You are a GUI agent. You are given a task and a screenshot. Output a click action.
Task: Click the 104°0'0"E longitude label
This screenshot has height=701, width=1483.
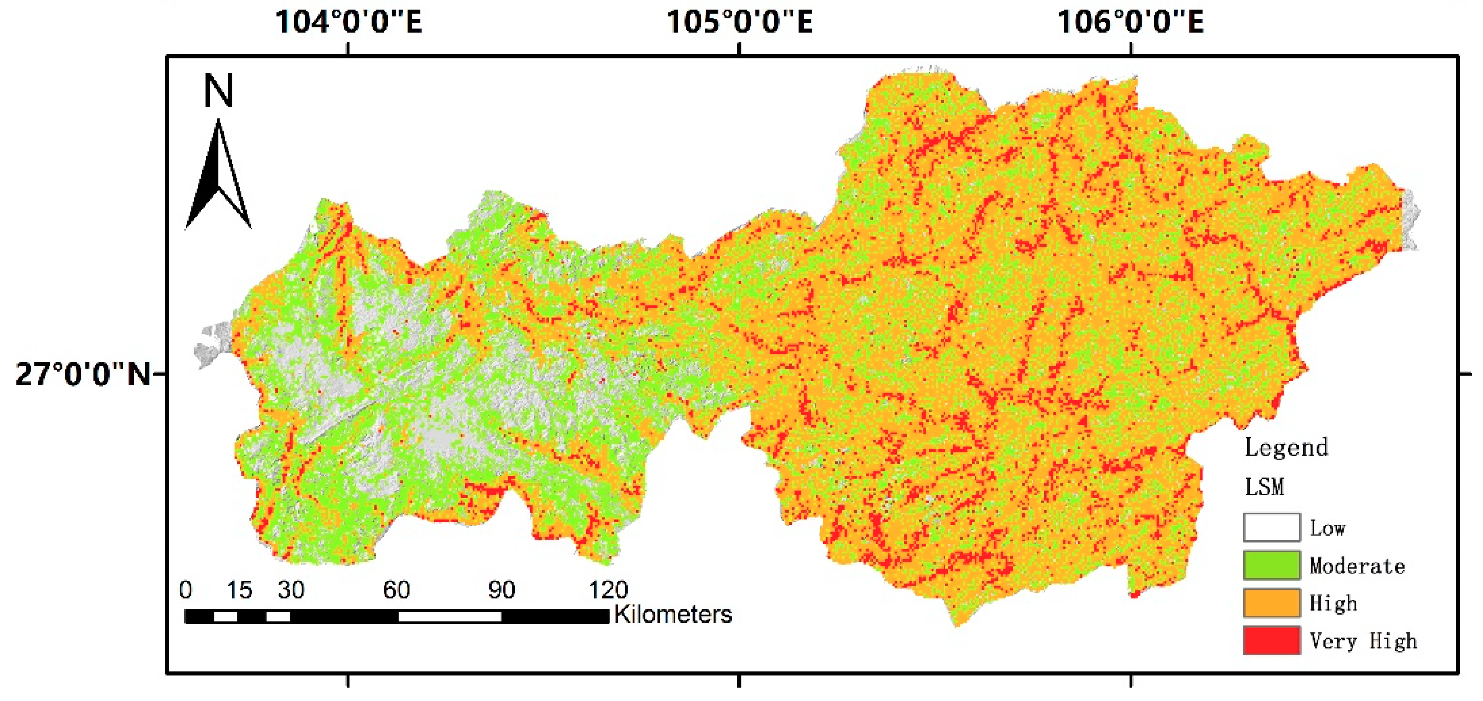pos(348,22)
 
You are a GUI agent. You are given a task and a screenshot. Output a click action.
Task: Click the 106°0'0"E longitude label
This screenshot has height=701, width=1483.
pos(1130,22)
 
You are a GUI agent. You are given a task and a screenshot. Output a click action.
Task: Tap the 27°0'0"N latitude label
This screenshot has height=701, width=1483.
pos(82,374)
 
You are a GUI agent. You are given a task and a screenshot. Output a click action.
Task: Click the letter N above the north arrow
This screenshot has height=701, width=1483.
pos(218,91)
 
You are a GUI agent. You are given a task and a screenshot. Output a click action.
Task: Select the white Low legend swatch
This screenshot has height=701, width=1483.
pos(1271,527)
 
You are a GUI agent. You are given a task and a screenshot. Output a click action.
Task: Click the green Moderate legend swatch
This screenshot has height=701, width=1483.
pos(1271,565)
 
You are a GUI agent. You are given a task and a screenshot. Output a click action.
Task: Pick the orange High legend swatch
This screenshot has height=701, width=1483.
pos(1271,603)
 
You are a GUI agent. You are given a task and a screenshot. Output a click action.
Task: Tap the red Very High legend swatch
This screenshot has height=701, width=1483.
pos(1271,640)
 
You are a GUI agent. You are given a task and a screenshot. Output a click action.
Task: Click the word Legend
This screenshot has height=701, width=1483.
pos(1286,448)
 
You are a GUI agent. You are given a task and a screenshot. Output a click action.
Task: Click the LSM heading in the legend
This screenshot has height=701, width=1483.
pos(1264,487)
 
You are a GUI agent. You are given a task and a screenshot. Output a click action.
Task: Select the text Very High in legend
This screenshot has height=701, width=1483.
pos(1363,640)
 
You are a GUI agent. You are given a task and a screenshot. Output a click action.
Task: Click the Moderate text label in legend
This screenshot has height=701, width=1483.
pos(1357,566)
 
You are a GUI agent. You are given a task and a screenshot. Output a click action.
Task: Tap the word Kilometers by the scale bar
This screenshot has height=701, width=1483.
pos(673,614)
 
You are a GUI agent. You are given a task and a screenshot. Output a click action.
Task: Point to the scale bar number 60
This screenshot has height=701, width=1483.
pos(396,590)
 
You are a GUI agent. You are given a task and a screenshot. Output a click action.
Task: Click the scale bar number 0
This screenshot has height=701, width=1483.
pos(186,590)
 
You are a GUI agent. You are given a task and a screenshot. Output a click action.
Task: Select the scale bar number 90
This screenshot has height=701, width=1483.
pos(501,590)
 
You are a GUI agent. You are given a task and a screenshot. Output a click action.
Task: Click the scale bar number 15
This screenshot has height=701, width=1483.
pos(238,590)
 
